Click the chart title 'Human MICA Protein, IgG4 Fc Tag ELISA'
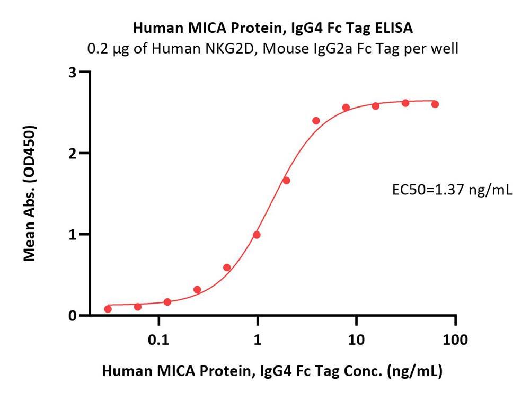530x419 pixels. pyautogui.click(x=273, y=27)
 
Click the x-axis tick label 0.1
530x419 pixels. pyautogui.click(x=158, y=340)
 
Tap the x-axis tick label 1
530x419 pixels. pyautogui.click(x=258, y=340)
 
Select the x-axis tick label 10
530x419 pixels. pyautogui.click(x=356, y=340)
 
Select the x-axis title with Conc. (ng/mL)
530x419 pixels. pyautogui.click(x=272, y=371)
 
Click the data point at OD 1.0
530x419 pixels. pyautogui.click(x=257, y=235)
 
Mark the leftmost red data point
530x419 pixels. pyautogui.click(x=108, y=309)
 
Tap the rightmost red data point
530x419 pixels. pyautogui.click(x=435, y=104)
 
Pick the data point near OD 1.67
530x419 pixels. pyautogui.click(x=286, y=181)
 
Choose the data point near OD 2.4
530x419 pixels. pyautogui.click(x=316, y=121)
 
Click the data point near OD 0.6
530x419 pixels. pyautogui.click(x=227, y=268)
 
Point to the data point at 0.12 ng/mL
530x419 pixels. pyautogui.click(x=167, y=302)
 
